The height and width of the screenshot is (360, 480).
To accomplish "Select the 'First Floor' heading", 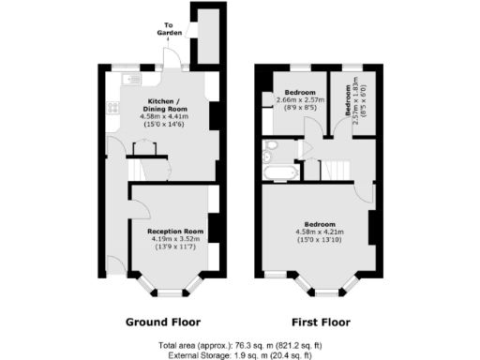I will pos(314,322).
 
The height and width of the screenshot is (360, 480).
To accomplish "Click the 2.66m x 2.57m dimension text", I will pos(300,99).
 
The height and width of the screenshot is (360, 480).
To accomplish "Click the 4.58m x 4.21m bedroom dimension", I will pos(320,232).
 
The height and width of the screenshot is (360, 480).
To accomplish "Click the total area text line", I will pos(240,344).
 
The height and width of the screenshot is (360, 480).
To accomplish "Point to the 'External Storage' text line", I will pos(240,354).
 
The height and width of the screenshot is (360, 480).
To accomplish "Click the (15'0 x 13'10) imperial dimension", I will pos(320,239).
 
